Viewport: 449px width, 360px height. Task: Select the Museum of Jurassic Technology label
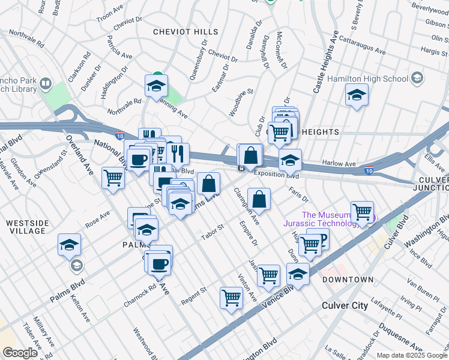(334, 220)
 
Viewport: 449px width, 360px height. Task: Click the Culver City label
(345, 305)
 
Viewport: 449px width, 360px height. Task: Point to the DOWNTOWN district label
(348, 280)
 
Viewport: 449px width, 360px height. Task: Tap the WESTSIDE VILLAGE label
(26, 226)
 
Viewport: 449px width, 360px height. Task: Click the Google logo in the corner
(20, 353)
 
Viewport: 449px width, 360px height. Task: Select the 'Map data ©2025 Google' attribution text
(412, 355)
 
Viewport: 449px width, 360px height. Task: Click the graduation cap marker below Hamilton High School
(357, 95)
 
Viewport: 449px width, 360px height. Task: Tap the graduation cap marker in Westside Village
(70, 244)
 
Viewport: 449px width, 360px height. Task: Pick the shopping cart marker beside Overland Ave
(113, 178)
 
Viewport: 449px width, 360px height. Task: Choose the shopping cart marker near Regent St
(231, 298)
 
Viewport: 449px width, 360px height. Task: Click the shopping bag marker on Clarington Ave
(259, 199)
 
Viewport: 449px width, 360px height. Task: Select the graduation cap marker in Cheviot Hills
(156, 85)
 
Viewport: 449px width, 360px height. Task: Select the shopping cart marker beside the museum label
(362, 211)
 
